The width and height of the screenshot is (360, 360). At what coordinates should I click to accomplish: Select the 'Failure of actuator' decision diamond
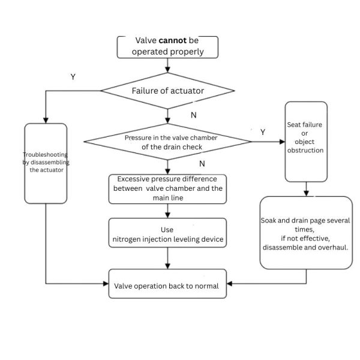167,91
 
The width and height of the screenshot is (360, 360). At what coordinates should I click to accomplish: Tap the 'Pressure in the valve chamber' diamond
167,142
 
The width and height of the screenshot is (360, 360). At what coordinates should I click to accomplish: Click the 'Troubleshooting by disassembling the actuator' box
46,162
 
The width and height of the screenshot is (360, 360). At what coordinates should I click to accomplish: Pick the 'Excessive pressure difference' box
167,188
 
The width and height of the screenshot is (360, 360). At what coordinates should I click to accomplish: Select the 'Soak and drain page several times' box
306,233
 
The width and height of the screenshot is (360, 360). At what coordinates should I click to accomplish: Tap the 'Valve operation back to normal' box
167,286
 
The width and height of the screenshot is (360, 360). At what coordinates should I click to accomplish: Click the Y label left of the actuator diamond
73,77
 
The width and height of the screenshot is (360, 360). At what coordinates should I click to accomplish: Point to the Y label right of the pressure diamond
262,131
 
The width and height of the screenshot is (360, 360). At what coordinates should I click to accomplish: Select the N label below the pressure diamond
202,163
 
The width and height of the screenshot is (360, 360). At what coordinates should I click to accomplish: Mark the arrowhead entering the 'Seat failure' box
281,142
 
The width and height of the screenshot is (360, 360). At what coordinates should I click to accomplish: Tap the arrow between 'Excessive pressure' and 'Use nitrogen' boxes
167,210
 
